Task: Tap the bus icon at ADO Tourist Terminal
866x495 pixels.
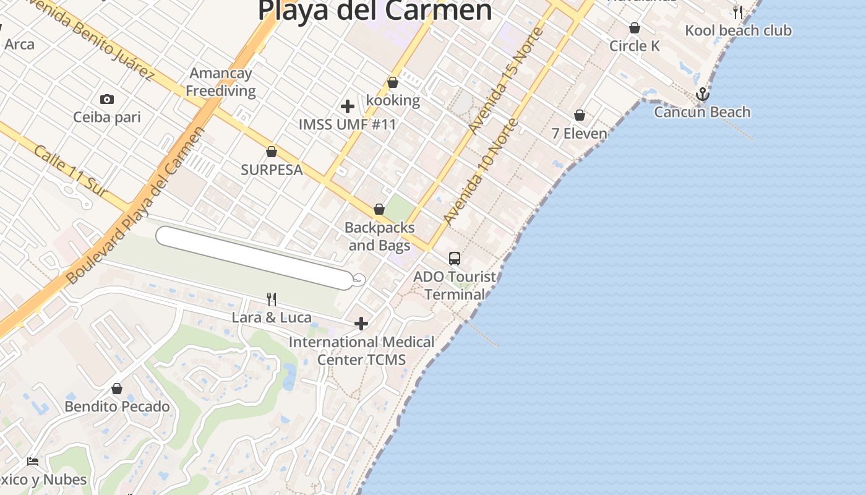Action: coord(455,259)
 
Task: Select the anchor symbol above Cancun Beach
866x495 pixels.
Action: coord(702,95)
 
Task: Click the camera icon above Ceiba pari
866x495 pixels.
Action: coord(107,99)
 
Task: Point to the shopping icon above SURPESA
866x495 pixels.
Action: coord(271,152)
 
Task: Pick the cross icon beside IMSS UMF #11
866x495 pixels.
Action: coord(348,106)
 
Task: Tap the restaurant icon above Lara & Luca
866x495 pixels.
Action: coord(272,299)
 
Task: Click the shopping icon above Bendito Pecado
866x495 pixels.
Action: coord(117,389)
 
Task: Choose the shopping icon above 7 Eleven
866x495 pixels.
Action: coord(580,115)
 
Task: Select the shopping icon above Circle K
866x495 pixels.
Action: coord(635,28)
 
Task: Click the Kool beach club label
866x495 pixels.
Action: coord(738,30)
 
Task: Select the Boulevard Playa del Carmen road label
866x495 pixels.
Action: coord(135,205)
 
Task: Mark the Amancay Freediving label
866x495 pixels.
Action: coord(221,82)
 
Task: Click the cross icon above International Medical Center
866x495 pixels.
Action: coord(361,324)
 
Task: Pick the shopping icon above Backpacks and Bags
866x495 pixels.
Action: coord(379,210)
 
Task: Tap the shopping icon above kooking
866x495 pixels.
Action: coord(393,82)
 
